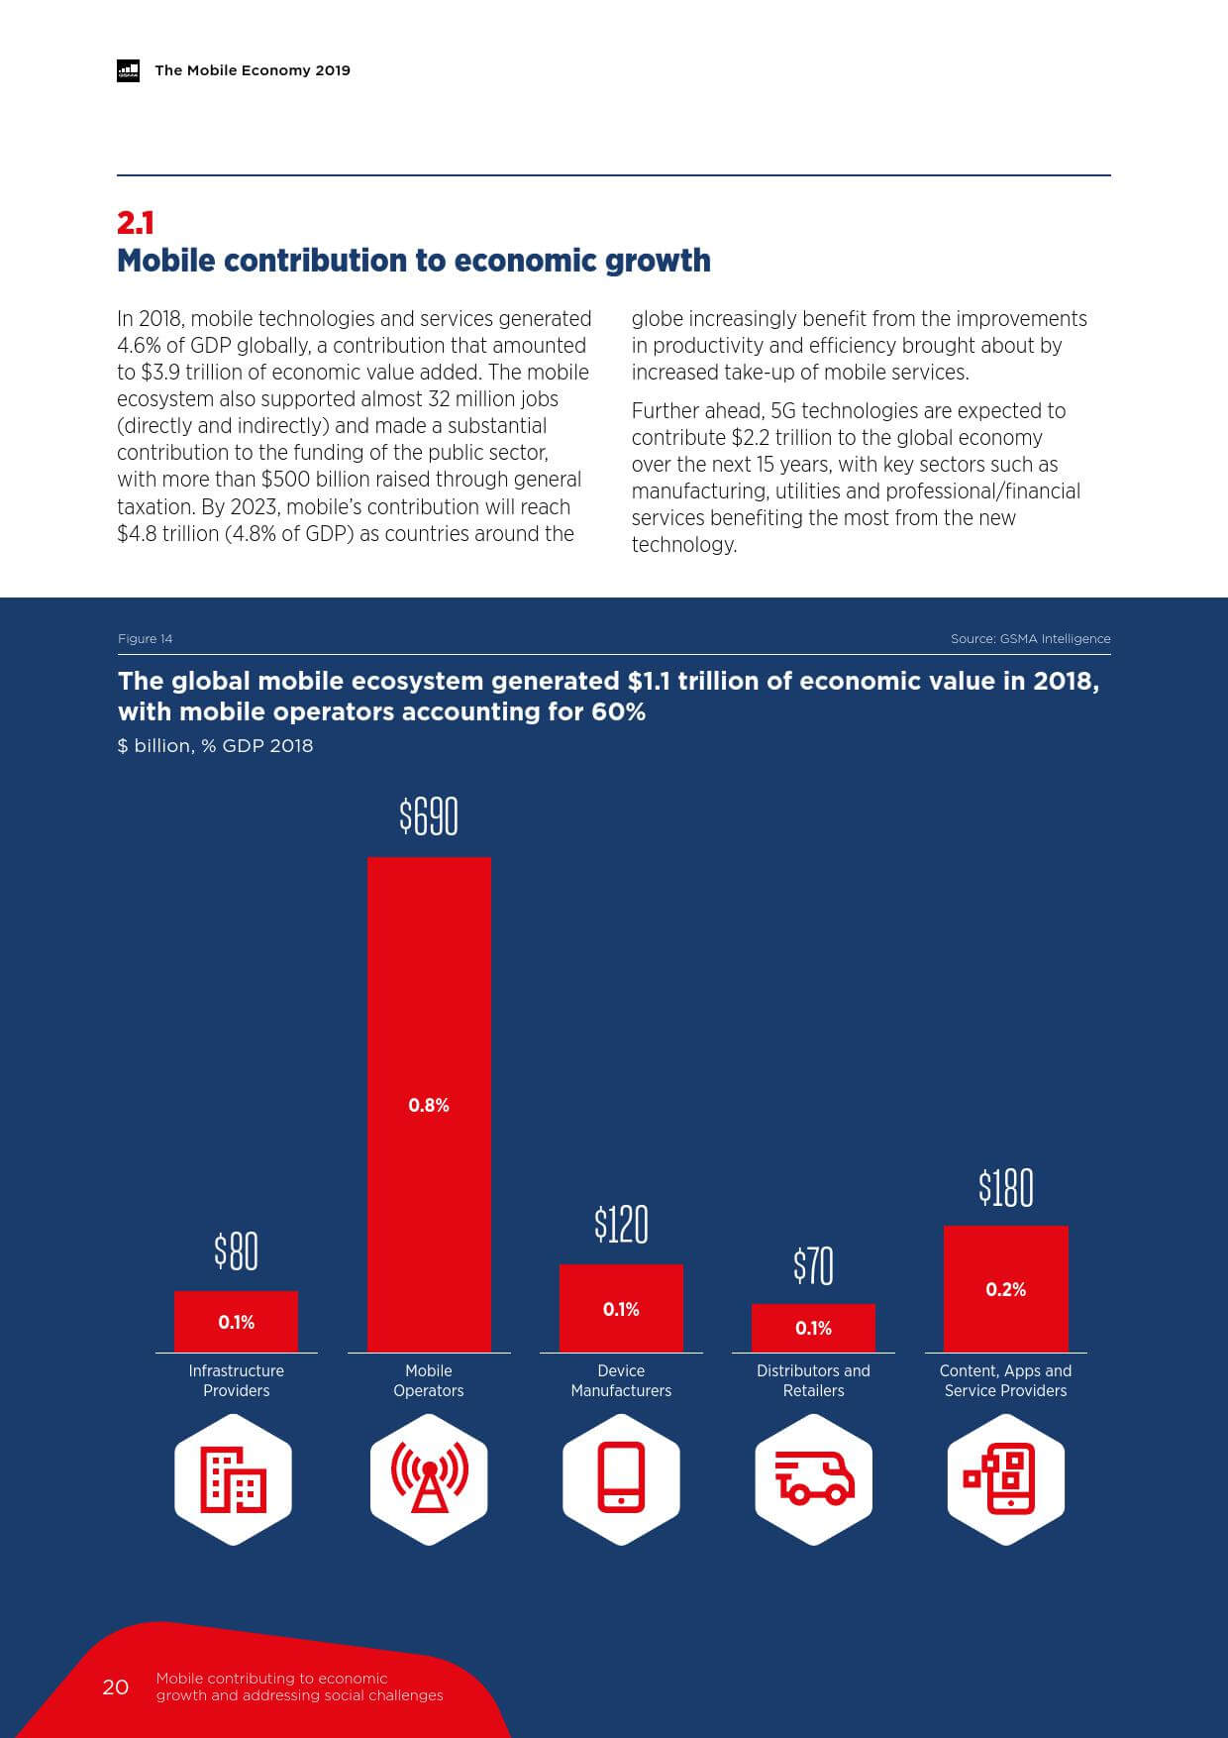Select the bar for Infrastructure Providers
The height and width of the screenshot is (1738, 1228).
point(236,1321)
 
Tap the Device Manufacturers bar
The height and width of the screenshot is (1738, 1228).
point(621,1308)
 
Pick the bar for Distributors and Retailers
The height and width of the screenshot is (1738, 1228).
point(813,1328)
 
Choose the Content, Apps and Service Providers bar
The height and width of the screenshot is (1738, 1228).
point(1005,1288)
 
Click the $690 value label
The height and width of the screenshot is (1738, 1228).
point(429,817)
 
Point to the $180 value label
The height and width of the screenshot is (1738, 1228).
point(1005,1188)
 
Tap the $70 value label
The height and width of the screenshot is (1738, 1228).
point(813,1266)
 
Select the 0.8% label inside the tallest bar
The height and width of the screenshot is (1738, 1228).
point(429,1105)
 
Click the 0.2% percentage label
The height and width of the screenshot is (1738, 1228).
point(1005,1289)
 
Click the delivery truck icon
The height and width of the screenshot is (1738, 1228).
point(813,1478)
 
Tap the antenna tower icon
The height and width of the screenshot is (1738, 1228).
point(429,1478)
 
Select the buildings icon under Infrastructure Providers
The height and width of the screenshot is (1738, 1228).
point(234,1478)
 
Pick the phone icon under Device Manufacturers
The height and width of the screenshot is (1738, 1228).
point(621,1478)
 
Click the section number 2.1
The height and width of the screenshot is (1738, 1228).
point(136,222)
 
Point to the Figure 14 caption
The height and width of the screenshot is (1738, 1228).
point(145,638)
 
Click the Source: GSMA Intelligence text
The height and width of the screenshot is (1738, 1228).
point(1030,638)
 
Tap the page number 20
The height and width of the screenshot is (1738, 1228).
point(116,1686)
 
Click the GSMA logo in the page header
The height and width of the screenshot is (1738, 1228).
point(129,70)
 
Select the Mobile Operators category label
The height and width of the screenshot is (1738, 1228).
point(429,1380)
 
